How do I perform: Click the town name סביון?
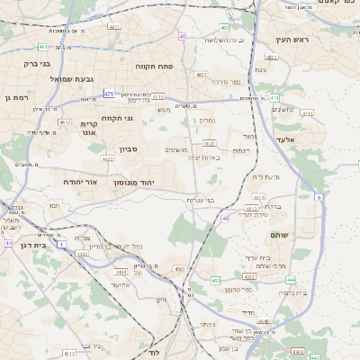[129, 150]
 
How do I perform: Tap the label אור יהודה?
[79, 181]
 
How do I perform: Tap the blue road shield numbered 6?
[319, 196]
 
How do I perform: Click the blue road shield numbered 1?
[62, 244]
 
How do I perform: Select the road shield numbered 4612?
[64, 121]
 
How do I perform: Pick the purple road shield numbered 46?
[225, 218]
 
